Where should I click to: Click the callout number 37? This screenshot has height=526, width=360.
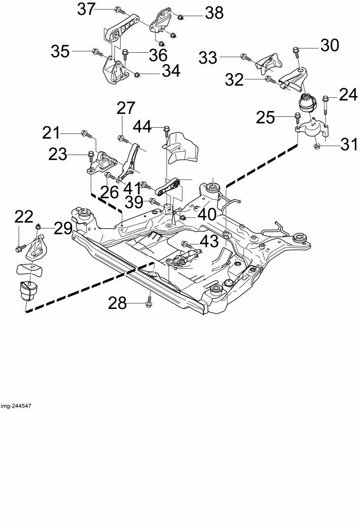click(x=86, y=9)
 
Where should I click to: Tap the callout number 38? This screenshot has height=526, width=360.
click(x=214, y=13)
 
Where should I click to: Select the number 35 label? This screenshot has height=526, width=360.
click(x=60, y=52)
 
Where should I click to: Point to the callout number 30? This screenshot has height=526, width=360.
click(x=330, y=45)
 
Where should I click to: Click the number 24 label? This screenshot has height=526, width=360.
click(x=348, y=95)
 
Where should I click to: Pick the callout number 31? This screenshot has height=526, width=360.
click(x=349, y=145)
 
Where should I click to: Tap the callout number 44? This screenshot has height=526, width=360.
click(x=142, y=127)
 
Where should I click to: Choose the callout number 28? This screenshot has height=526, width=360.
click(x=117, y=303)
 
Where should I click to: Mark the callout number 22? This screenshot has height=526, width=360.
click(x=24, y=216)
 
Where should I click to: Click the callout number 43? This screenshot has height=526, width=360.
click(x=209, y=242)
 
